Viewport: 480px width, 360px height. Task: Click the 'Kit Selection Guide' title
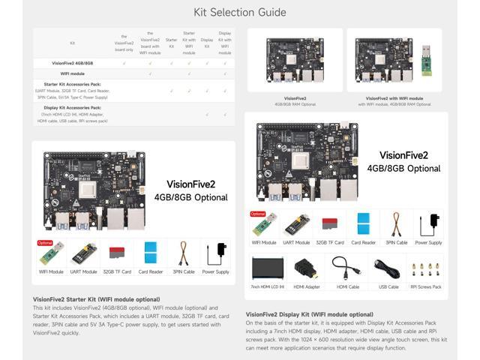[x=240, y=12]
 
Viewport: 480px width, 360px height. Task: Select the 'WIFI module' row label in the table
[x=72, y=73]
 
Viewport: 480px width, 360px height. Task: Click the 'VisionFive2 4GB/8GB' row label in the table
[x=72, y=63]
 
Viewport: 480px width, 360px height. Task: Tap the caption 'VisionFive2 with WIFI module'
[x=394, y=98]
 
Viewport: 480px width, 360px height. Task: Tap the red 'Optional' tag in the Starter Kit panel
[x=45, y=243]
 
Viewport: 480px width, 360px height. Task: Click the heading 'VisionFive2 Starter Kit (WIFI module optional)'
[x=96, y=299]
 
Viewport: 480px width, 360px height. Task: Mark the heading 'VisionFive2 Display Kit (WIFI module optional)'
[x=309, y=314]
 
